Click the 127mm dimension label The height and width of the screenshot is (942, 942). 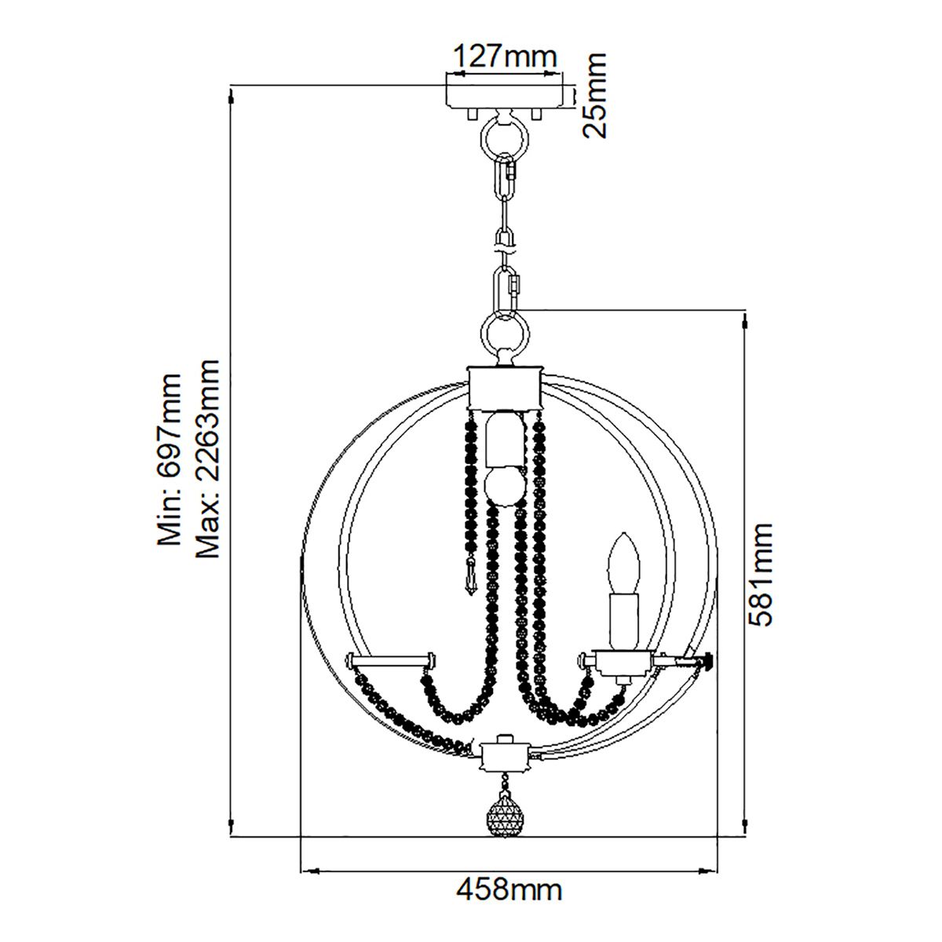click(x=505, y=57)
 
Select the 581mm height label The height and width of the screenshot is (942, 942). click(x=761, y=575)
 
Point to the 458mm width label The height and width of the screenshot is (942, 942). click(x=509, y=890)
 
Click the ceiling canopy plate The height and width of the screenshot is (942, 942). click(x=504, y=93)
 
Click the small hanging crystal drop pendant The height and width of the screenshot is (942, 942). click(x=471, y=579)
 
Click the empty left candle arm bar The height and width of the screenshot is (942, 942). click(x=390, y=659)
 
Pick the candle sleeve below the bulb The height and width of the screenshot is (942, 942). click(x=624, y=620)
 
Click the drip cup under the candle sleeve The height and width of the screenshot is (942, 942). click(x=623, y=662)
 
